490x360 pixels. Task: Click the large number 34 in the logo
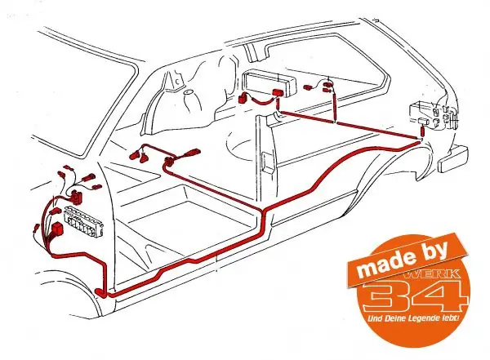click(416, 295)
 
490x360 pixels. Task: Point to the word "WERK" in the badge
click(433, 274)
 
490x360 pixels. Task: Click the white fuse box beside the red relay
click(84, 222)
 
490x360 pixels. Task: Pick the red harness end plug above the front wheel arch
click(100, 292)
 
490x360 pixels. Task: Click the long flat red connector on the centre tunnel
click(189, 153)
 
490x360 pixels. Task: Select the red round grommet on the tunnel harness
click(169, 162)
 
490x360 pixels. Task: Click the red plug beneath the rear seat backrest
click(278, 93)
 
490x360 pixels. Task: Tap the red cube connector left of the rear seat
click(243, 99)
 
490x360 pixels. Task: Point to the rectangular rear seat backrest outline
click(270, 82)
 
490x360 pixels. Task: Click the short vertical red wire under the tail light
click(422, 131)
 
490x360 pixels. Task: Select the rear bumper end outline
click(452, 160)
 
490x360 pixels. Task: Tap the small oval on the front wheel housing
click(189, 92)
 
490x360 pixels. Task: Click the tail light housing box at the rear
click(433, 115)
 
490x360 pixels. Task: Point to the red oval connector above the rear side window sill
click(328, 84)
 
